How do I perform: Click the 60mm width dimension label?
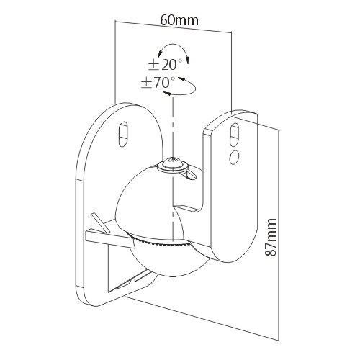coord(179,20)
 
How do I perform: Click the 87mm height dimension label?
coord(271,237)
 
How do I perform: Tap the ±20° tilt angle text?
coord(165,65)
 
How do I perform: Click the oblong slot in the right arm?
coord(234,135)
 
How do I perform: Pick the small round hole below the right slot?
coord(234,158)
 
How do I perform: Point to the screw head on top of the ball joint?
coord(172,164)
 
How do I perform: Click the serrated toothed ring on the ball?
coord(161,240)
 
